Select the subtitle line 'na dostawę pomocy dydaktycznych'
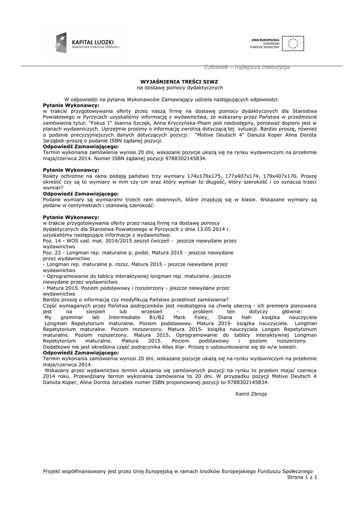180,87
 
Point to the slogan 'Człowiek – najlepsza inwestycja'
247,67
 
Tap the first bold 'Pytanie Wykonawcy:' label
71,105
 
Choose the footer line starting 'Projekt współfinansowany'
178,471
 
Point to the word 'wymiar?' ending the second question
53,188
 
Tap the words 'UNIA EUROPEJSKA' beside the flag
265,39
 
